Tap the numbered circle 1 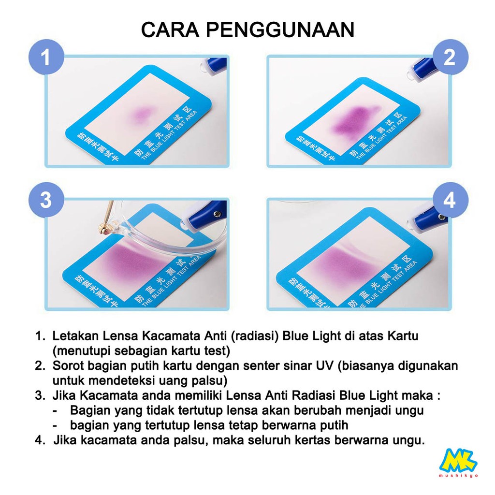pyautogui.click(x=46, y=58)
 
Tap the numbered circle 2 pyautogui.click(x=449, y=58)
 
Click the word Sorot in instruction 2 pyautogui.click(x=66, y=365)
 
